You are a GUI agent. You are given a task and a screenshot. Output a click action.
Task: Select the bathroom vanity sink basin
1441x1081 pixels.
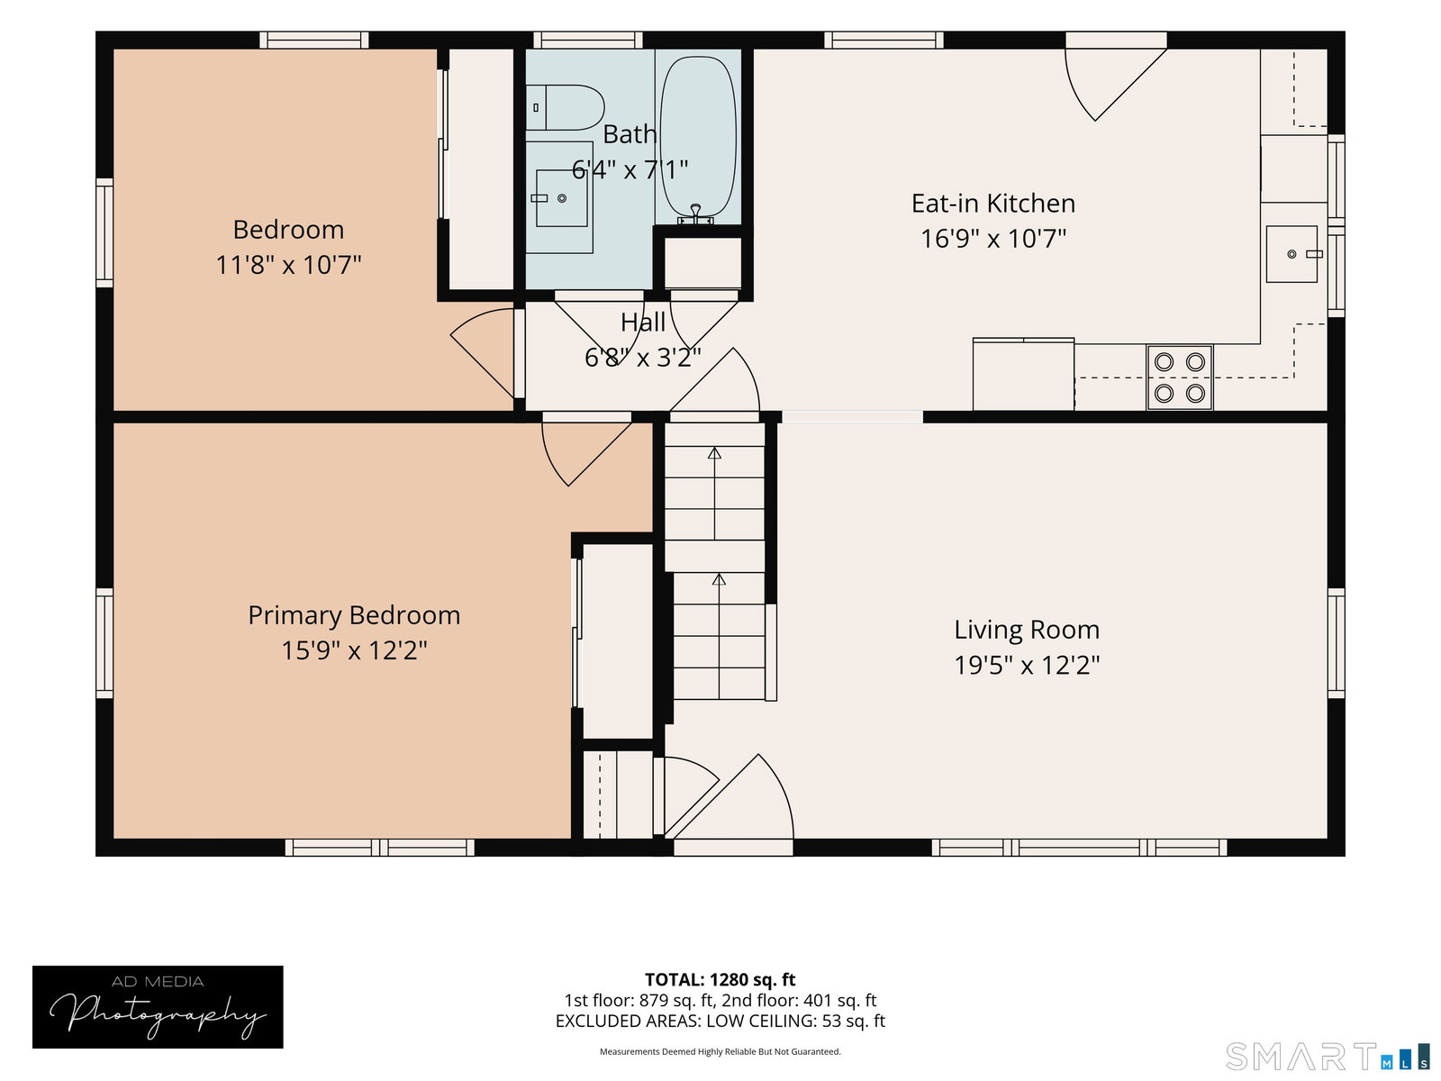561,198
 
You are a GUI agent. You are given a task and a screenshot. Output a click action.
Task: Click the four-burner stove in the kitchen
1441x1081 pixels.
1179,378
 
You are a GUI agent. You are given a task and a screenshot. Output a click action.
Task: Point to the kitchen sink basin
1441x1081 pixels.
1291,254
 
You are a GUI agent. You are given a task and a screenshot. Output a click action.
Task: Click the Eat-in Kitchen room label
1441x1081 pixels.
993,204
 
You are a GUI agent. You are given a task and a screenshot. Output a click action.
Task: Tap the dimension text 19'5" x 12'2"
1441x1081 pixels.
1027,665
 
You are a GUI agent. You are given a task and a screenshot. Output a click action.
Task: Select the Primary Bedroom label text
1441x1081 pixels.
354,615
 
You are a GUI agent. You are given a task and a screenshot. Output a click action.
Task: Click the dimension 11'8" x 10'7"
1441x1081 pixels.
288,265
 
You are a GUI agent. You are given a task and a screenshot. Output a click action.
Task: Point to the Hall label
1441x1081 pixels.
643,322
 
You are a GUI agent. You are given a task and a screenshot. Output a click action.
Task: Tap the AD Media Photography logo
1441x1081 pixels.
158,1007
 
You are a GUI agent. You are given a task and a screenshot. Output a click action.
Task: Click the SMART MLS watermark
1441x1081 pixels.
1328,1056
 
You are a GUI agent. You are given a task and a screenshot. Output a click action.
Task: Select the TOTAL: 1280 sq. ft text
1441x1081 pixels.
720,980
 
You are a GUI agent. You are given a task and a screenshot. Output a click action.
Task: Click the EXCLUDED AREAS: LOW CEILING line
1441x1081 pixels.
720,1021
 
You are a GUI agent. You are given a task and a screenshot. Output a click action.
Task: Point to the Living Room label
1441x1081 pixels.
1027,630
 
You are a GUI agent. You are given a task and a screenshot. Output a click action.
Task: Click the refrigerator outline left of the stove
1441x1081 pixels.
1023,374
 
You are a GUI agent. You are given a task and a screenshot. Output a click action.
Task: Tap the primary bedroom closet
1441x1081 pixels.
617,640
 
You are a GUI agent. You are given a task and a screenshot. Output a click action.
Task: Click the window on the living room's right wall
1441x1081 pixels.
1336,643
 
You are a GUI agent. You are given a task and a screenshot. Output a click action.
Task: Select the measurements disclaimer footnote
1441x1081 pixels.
720,1051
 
